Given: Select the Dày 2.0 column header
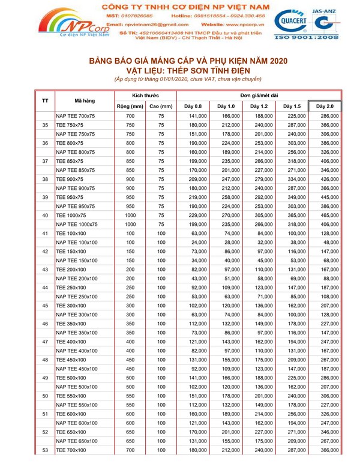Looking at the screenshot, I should (325, 106).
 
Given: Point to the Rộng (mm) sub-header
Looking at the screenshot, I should (130, 106).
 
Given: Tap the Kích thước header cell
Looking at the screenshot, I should (145, 95).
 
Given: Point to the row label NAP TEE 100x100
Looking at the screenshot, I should (76, 242).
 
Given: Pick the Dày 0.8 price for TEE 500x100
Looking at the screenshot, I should (198, 378).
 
